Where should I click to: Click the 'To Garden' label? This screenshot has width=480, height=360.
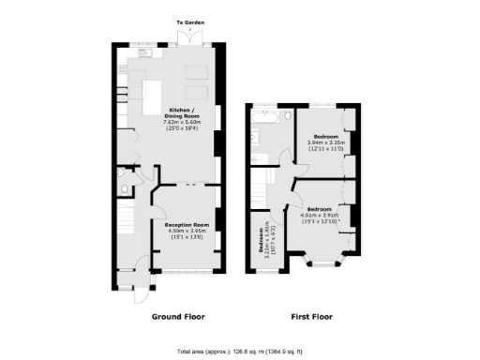click(x=189, y=21)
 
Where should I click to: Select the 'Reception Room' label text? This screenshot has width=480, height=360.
click(x=187, y=226)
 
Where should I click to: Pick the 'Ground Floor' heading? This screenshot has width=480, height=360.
click(x=178, y=317)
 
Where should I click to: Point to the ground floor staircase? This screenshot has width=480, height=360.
click(x=130, y=230)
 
